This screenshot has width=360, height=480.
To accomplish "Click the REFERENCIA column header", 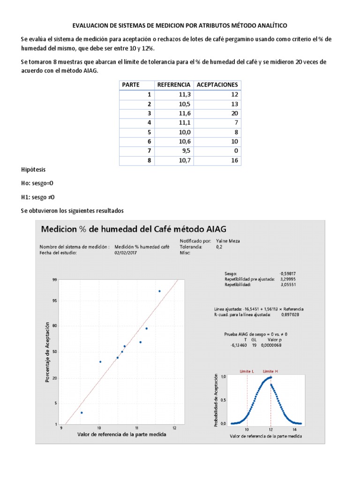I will (x=173, y=85).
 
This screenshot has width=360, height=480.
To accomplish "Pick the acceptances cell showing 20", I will (x=234, y=113).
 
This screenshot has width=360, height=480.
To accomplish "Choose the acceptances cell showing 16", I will (x=234, y=161).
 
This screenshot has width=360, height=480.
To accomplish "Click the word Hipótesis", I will (x=33, y=169).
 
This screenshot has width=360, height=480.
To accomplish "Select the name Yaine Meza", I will (x=228, y=240).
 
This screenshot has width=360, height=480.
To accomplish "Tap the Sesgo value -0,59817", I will (x=288, y=273).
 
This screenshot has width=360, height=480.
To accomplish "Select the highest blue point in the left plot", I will (x=159, y=291).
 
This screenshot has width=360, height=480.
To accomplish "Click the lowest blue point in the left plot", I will (x=82, y=412).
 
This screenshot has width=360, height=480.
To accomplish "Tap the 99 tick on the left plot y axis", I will (x=55, y=280).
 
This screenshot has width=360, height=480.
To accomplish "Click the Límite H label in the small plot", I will (x=270, y=371).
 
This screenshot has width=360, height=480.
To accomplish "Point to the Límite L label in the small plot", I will (x=247, y=371).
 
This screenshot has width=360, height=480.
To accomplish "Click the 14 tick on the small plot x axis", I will (x=294, y=429).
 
